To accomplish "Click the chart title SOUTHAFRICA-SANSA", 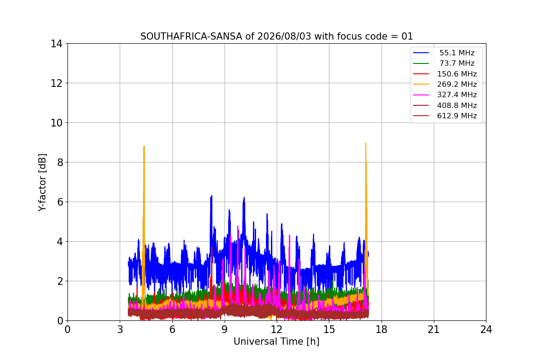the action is click(276, 36).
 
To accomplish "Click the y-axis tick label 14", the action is click(56, 44).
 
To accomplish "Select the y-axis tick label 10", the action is click(56, 123).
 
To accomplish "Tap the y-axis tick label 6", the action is click(60, 202).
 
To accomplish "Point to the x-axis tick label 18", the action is click(382, 329).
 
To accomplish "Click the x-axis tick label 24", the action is click(486, 329).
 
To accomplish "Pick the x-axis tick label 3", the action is click(120, 329).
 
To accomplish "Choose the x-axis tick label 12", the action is click(276, 329).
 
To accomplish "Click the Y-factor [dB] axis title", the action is click(42, 183).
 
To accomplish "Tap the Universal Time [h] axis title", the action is click(276, 342).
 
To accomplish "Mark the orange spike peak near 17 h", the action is click(366, 143).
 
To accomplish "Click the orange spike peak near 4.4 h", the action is click(144, 146).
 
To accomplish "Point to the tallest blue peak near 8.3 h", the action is click(211, 196).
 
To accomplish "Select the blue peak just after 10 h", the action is click(244, 198).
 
